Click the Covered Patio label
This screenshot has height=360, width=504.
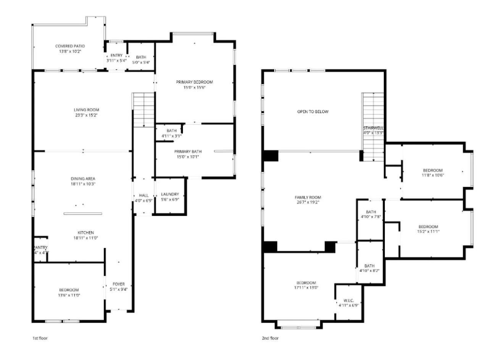70,46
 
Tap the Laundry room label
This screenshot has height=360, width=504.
170,194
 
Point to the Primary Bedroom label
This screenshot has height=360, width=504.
194,82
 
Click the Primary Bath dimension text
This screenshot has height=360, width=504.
187,157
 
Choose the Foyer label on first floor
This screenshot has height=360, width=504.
118,284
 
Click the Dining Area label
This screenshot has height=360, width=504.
83,179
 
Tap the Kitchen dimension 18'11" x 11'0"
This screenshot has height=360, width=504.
86,238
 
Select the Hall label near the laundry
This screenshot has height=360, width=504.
144,195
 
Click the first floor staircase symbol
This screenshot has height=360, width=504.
144,110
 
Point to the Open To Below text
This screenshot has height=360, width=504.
313,112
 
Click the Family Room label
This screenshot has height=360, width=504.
308,197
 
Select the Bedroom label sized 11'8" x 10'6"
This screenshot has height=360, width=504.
433,170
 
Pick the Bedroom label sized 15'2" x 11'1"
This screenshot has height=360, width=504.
428,226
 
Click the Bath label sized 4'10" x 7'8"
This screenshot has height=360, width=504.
370,212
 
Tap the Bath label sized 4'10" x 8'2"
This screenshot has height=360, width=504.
369,266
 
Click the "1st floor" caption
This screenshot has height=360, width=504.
40,338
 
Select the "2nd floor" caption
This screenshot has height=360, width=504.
270,338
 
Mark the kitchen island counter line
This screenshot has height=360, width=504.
83,213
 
